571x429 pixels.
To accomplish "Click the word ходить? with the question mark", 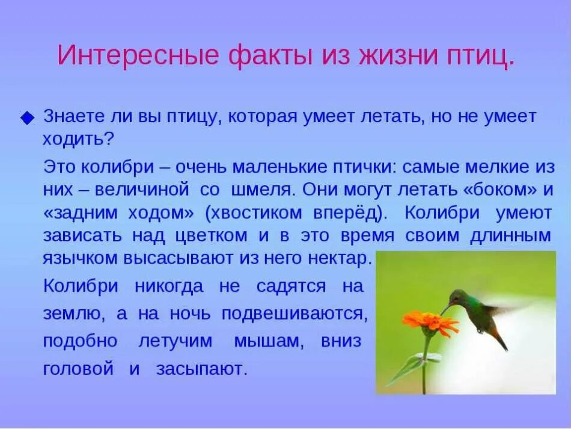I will pyautogui.click(x=78, y=139).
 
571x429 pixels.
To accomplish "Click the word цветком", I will pyautogui.click(x=211, y=235).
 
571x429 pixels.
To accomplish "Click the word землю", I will pyautogui.click(x=67, y=314).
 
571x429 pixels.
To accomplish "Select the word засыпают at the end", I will pyautogui.click(x=201, y=369).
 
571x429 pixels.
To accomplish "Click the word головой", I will pyautogui.click(x=78, y=369).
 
